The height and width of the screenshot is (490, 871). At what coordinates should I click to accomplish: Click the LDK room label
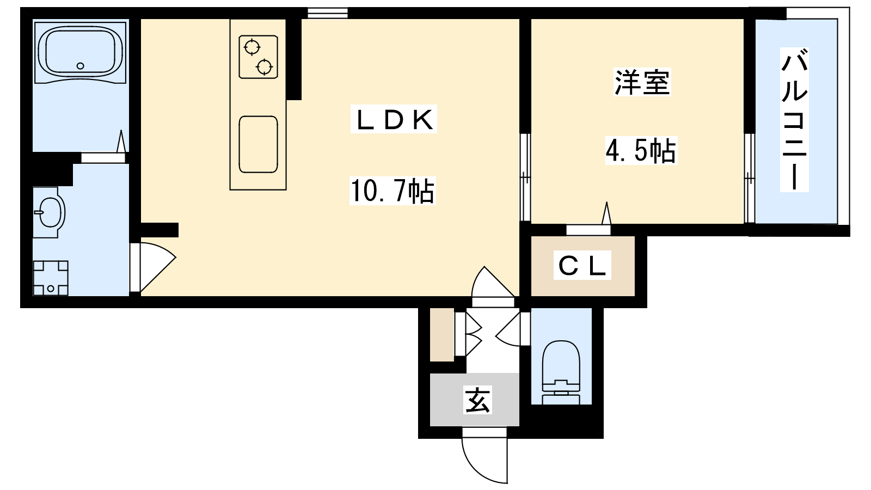(x=394, y=119)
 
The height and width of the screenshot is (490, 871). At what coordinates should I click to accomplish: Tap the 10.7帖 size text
(x=392, y=191)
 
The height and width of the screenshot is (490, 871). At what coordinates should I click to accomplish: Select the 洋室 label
(x=642, y=82)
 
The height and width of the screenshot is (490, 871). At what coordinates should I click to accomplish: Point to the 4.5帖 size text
(x=641, y=150)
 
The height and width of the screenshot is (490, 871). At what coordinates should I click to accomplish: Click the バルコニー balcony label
(x=794, y=125)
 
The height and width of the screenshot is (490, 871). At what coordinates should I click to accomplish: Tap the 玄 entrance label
(x=477, y=400)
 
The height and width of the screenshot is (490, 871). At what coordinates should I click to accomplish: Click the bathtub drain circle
(x=81, y=66)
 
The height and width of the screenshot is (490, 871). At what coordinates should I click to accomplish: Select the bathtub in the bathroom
(x=81, y=52)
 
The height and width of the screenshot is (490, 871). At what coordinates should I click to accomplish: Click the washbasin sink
(x=49, y=212)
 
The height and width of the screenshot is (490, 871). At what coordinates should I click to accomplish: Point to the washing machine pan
(x=51, y=278)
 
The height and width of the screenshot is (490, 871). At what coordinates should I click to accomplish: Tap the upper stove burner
(x=252, y=47)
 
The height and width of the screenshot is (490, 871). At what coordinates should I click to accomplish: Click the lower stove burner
(x=264, y=66)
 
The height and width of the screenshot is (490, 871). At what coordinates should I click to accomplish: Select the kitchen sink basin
(x=258, y=144)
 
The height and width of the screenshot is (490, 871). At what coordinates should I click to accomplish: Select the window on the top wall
(x=327, y=13)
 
